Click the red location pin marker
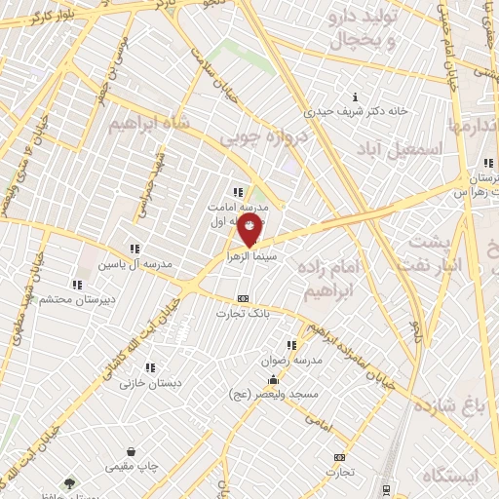point(249,231)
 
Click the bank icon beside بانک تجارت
point(243,298)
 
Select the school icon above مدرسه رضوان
point(289,345)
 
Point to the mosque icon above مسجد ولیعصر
point(276,380)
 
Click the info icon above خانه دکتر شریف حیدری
point(354,96)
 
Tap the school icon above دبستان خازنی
point(149,367)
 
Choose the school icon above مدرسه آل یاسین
point(134,249)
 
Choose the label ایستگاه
point(452,475)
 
